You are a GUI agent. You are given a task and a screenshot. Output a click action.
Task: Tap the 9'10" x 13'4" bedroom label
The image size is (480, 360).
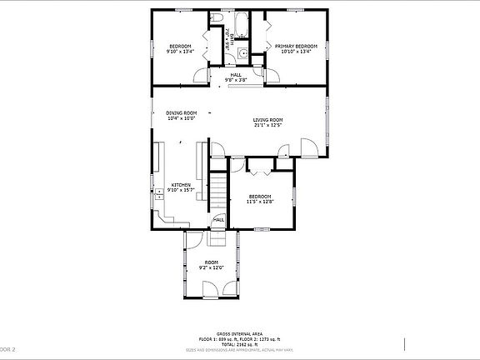[181, 49]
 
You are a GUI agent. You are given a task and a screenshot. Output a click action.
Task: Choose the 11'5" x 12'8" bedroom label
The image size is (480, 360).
[260, 198]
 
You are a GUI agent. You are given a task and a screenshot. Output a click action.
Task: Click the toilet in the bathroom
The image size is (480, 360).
[217, 17]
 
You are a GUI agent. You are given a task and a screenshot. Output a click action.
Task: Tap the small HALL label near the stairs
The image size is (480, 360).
[218, 220]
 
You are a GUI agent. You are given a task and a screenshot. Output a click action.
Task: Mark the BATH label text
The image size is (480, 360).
[227, 36]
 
